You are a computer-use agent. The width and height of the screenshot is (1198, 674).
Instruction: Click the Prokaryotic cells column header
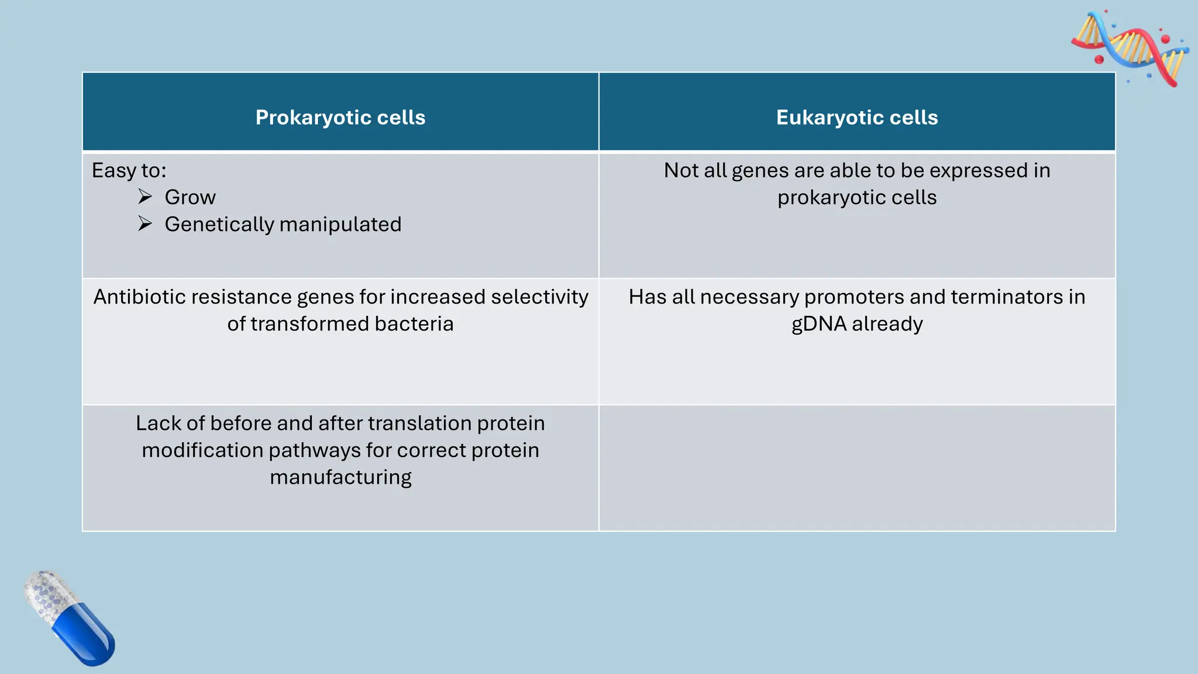340,118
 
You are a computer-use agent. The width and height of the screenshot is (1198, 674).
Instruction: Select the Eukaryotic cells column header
857,118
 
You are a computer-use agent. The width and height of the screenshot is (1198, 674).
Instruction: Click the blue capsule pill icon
70,618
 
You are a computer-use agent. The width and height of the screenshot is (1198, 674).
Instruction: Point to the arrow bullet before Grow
145,197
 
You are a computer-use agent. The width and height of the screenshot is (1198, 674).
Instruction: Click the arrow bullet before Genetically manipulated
145,224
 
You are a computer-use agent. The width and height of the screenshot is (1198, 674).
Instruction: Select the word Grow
190,198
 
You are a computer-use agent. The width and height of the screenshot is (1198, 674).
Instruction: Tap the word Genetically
220,225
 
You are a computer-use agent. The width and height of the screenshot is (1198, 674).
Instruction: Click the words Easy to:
129,171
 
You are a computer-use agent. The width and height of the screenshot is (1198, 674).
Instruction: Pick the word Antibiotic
140,297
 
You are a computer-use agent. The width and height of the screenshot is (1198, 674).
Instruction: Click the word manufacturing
340,477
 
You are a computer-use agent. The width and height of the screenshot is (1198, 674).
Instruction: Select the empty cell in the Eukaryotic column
857,468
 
